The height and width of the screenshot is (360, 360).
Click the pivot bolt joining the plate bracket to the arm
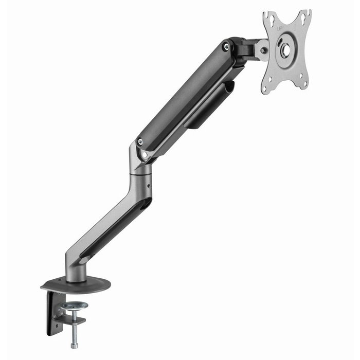tap(263, 51)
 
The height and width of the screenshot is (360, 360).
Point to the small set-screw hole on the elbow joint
tap(149, 182)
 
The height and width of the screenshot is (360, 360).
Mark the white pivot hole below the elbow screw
tap(145, 154)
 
